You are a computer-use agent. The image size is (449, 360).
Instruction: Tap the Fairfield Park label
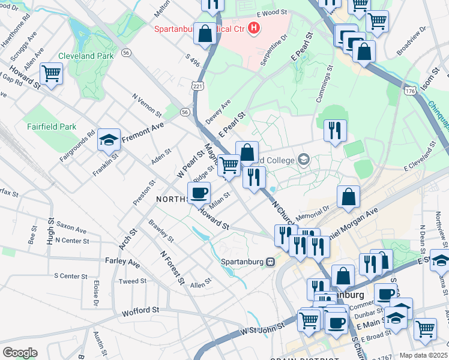coord(51,127)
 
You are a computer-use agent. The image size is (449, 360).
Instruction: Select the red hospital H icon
coord(255,28)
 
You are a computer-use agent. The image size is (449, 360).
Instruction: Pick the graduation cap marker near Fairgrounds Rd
coord(109,140)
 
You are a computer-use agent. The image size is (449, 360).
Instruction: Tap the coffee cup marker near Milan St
coord(199,193)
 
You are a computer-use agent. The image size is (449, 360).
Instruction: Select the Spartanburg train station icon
coord(271,262)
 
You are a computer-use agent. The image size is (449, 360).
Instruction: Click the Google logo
coord(20,352)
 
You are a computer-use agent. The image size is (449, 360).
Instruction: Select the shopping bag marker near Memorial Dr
coord(348,197)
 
